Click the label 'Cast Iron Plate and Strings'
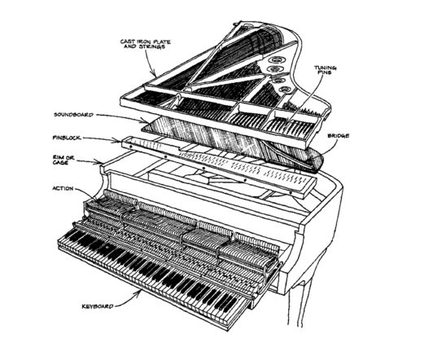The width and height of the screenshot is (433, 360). click(x=145, y=44)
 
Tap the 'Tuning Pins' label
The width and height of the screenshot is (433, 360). click(x=326, y=69)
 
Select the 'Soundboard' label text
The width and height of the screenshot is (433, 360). click(x=74, y=115)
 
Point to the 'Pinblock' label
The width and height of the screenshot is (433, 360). click(x=67, y=138)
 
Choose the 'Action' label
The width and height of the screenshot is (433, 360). click(x=63, y=188)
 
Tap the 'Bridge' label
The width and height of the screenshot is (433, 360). click(x=339, y=136)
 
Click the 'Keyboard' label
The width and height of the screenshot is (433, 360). click(x=98, y=306)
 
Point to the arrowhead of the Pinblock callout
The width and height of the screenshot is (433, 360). click(x=119, y=141)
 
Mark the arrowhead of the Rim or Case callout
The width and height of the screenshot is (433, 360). click(x=101, y=162)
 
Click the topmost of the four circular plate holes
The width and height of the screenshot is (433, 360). click(x=276, y=59)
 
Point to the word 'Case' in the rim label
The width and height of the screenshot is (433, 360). click(x=60, y=163)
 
